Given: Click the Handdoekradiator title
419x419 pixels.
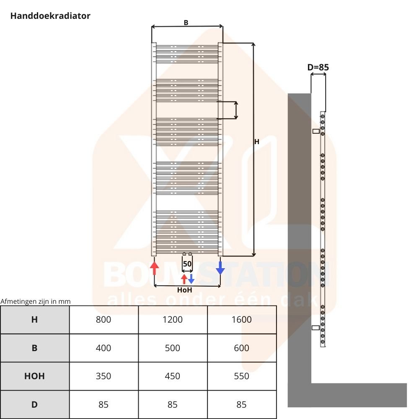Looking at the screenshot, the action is (x=50, y=16).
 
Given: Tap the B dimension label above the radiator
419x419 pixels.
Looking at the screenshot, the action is (x=186, y=23).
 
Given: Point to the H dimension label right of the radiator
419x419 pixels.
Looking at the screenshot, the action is (x=257, y=142).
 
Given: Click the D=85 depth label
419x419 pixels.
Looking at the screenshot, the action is (x=318, y=67).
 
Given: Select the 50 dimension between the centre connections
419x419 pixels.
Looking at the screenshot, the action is (x=187, y=264).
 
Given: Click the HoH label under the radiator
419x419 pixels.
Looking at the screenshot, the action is (x=185, y=290).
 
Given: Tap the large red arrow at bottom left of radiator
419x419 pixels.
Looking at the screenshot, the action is (x=154, y=268).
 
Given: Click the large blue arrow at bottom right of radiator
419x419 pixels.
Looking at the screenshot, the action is (x=220, y=268).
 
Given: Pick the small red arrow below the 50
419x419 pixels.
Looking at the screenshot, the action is (x=184, y=279).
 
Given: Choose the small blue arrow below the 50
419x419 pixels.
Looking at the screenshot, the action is (x=191, y=279).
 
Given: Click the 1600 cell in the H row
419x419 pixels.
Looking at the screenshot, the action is (x=242, y=320).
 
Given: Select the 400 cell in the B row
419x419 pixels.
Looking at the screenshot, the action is (x=103, y=348).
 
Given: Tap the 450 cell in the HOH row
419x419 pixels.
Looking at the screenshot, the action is (x=173, y=376).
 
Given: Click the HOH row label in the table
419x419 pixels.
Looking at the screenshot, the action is (x=34, y=376).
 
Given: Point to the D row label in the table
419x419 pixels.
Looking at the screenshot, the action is (x=34, y=405).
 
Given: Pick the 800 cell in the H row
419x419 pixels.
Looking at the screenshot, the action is (x=103, y=320).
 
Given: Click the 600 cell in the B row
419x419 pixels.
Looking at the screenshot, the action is (x=242, y=348).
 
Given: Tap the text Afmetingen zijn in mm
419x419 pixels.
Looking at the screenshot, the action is (x=36, y=301).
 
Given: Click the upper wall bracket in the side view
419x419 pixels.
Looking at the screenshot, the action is (x=316, y=131).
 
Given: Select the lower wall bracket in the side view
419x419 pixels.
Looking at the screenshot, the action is (x=316, y=328).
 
